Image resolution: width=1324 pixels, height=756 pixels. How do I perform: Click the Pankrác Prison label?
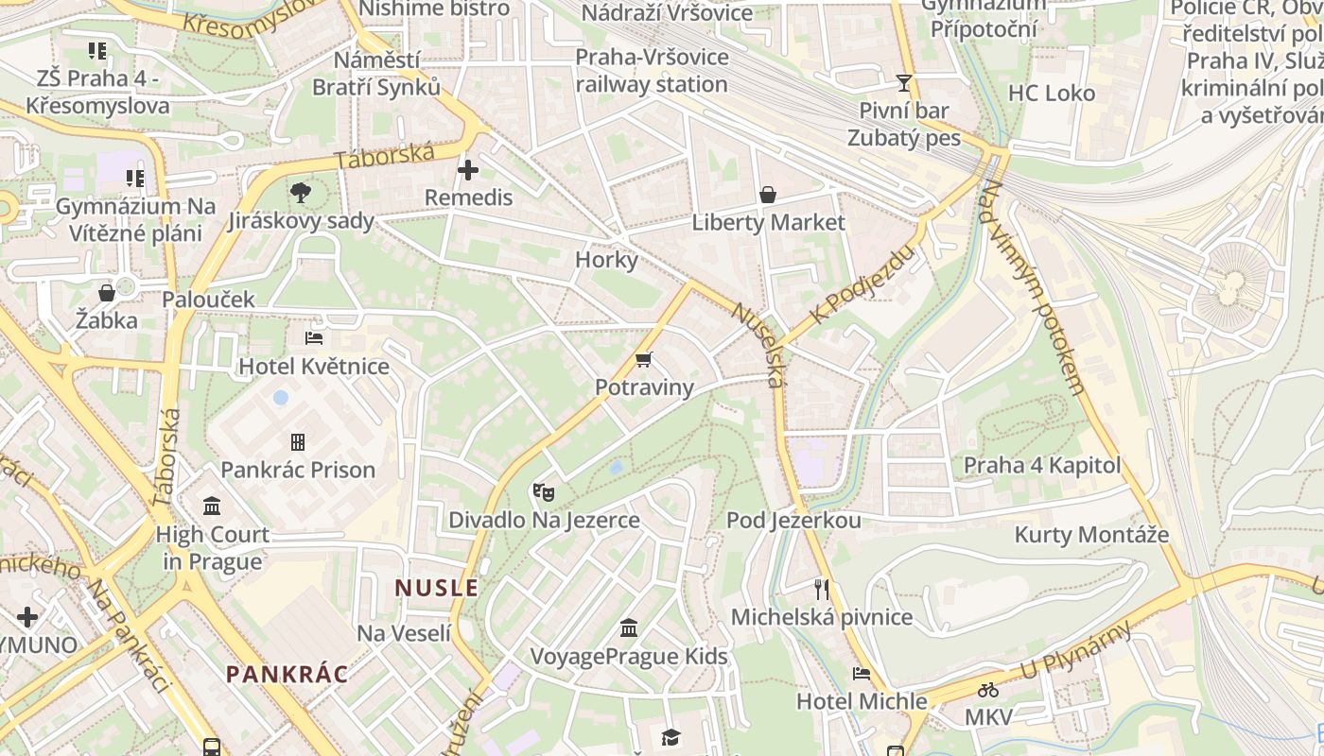point(298,470)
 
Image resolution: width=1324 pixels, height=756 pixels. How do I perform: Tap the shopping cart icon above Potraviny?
point(644,359)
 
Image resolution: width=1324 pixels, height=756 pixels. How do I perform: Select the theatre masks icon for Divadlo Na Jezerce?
point(543,491)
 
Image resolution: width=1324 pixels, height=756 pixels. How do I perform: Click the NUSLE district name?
point(437,588)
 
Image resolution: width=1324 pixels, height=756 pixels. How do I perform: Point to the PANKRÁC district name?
point(287,675)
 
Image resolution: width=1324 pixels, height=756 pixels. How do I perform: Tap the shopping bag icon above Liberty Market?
point(768,195)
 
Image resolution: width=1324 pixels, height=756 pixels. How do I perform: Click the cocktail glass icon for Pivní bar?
point(904,83)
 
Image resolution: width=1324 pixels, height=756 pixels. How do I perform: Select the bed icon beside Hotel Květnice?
point(314,338)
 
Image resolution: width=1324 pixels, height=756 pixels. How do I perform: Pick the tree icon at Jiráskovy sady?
point(301,194)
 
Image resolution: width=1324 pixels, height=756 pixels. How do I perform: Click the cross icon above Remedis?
point(468,170)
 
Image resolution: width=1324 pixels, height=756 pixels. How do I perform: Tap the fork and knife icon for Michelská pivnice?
point(821,590)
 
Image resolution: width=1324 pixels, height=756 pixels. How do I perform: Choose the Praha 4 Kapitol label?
point(1041,465)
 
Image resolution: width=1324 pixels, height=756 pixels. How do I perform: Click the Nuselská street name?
point(759,345)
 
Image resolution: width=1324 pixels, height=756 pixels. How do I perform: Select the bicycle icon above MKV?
point(988,690)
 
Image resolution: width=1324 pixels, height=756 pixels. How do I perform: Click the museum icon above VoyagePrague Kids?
point(629,627)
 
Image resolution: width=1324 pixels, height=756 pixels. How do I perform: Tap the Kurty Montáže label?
point(1091,535)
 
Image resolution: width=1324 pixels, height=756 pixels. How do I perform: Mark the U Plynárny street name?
point(1075,651)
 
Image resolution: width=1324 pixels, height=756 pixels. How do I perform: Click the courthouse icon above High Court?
point(212,506)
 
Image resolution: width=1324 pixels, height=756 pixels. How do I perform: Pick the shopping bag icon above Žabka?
point(107,293)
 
